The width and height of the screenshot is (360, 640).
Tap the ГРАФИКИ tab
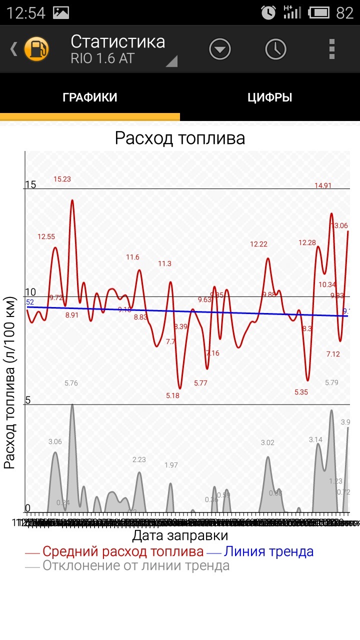(x=90, y=97)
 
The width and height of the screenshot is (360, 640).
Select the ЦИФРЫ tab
(x=270, y=97)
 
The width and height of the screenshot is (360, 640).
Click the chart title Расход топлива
(x=180, y=138)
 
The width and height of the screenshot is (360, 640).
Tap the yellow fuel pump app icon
(x=37, y=49)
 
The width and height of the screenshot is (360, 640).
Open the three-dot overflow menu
(x=331, y=49)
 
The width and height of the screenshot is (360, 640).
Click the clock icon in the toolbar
(x=275, y=49)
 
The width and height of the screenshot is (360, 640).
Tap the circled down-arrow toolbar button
(x=220, y=49)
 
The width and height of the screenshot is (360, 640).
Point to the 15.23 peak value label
(x=62, y=179)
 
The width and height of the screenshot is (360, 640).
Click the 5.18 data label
(x=172, y=395)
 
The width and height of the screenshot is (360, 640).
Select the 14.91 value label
(x=323, y=185)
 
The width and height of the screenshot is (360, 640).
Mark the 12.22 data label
(x=259, y=244)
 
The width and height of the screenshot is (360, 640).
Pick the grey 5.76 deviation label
(x=71, y=383)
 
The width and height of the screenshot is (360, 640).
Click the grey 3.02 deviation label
(x=267, y=442)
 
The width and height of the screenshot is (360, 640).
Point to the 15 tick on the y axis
(x=30, y=184)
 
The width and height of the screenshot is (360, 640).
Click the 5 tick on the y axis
(x=28, y=400)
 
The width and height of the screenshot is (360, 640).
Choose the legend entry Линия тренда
(x=268, y=551)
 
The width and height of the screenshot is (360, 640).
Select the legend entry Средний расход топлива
(x=123, y=551)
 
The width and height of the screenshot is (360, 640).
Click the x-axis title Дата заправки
(x=180, y=536)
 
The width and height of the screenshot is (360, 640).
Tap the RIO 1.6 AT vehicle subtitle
(x=102, y=58)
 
